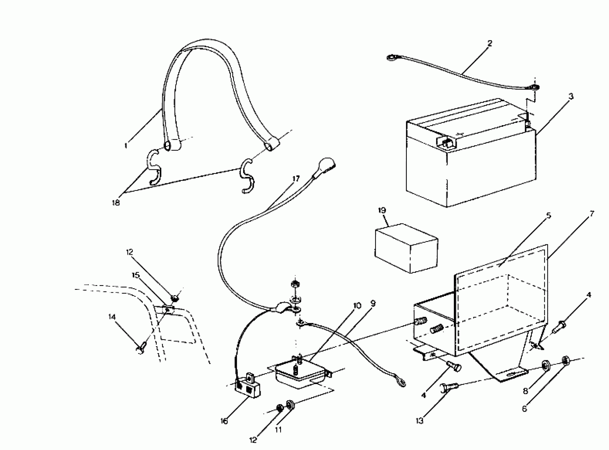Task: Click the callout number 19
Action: coord(382,210)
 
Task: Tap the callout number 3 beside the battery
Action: coord(571,96)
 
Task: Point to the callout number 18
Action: coord(116,203)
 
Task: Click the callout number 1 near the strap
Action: coord(126,146)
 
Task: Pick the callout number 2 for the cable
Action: coord(490,43)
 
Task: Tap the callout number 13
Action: coord(420,421)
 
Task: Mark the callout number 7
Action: coord(592,213)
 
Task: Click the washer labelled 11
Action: coord(290,404)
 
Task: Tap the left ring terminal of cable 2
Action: coord(391,57)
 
